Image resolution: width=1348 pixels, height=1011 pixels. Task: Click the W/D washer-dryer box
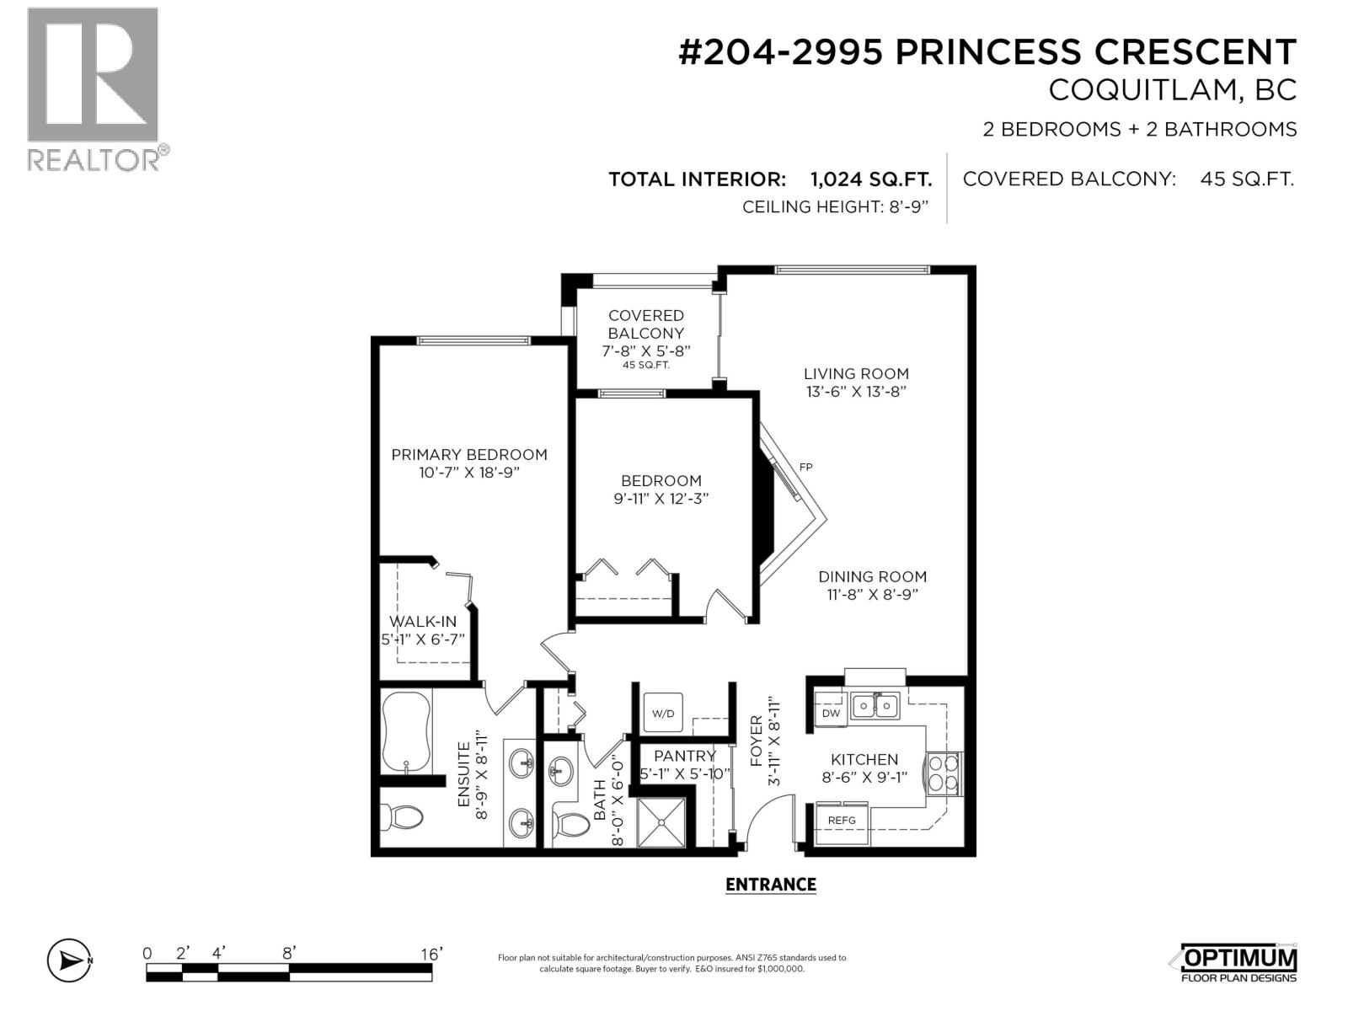pos(663,714)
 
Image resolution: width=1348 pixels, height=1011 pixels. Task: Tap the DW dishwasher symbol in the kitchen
pos(831,713)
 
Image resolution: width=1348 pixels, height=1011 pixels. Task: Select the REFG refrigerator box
pos(841,820)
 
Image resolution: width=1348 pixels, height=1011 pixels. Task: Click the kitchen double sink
pos(875,704)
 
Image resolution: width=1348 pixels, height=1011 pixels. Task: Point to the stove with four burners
pos(944,773)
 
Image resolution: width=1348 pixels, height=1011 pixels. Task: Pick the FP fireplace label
pos(805,467)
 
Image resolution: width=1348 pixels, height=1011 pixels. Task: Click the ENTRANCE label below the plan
pos(770,885)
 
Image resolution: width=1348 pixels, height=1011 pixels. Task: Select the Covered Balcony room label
pos(646,324)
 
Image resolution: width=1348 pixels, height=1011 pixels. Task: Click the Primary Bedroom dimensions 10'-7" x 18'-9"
pos(469,473)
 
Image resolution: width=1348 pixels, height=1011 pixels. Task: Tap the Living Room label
pos(856,373)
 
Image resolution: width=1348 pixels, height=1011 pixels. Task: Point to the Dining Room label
pos(872,576)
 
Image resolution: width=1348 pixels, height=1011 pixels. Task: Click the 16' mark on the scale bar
pos(431,954)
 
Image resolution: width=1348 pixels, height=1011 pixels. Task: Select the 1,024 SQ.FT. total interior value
pos(870,179)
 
